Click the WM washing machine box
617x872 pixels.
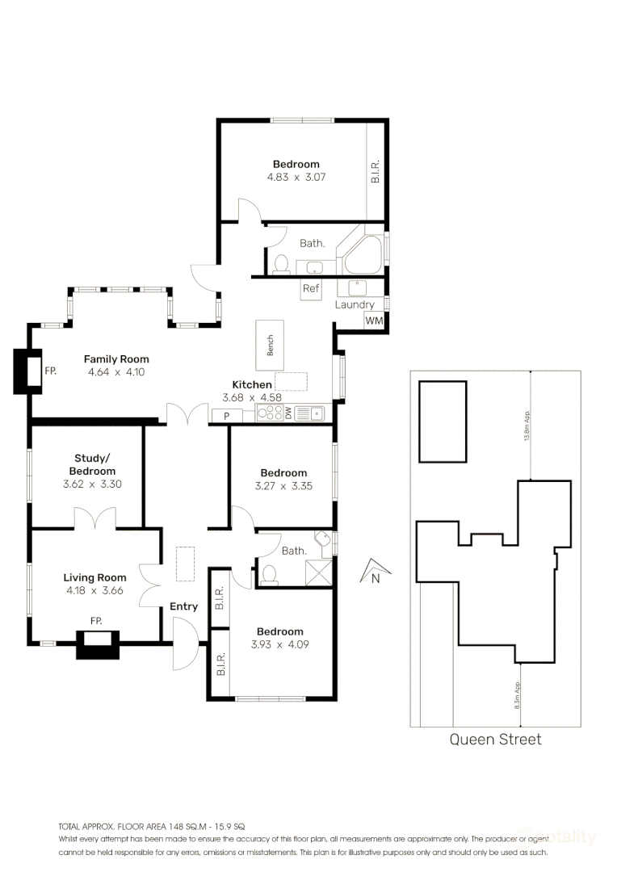374,321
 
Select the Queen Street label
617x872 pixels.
495,739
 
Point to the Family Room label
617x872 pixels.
116,359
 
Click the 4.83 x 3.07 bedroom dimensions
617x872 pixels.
296,177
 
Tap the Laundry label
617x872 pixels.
355,304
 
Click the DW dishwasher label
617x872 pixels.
288,414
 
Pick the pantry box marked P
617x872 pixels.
227,416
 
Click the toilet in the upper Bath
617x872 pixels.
281,263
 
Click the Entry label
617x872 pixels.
183,606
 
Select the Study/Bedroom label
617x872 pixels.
92,464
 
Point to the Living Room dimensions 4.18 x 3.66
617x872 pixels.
95,590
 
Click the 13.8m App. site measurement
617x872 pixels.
527,426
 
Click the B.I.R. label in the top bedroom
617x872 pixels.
376,170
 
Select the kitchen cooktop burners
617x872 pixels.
267,414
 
